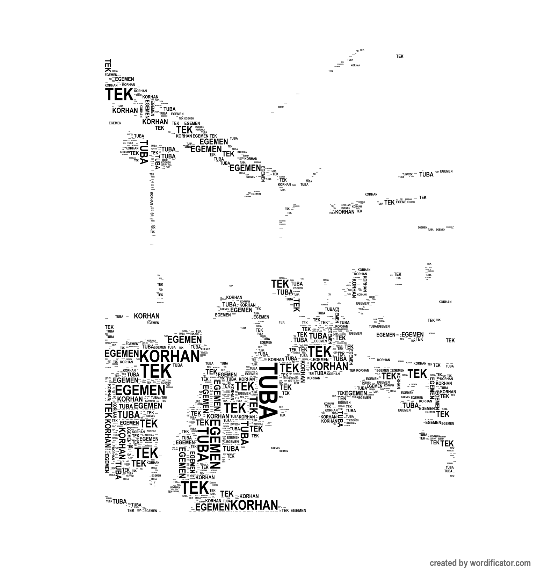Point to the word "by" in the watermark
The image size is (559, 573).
tap(464, 563)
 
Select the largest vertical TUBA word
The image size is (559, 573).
tap(268, 392)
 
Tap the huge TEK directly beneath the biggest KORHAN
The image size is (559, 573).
tap(156, 371)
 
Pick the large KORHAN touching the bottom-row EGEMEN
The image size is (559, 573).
tap(254, 506)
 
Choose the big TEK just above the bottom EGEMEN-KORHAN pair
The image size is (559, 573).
tap(195, 488)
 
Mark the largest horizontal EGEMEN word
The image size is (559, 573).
tap(140, 390)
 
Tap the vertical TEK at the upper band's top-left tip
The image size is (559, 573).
tap(108, 65)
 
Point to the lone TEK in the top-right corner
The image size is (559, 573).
tap(400, 56)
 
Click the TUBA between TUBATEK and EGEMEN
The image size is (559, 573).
tap(426, 174)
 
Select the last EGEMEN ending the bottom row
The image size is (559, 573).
tap(298, 510)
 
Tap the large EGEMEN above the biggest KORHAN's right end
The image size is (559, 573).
tap(184, 339)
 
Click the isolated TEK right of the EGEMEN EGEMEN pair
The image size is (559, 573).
tap(450, 340)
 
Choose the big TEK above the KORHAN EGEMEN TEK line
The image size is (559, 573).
tap(418, 373)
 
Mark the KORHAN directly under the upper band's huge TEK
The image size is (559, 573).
tap(125, 110)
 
